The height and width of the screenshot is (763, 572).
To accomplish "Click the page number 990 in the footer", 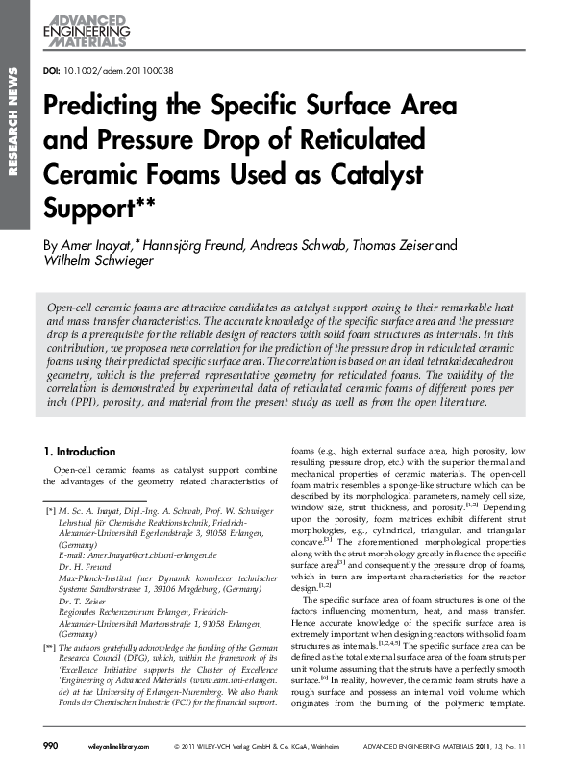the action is coord(51,746).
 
